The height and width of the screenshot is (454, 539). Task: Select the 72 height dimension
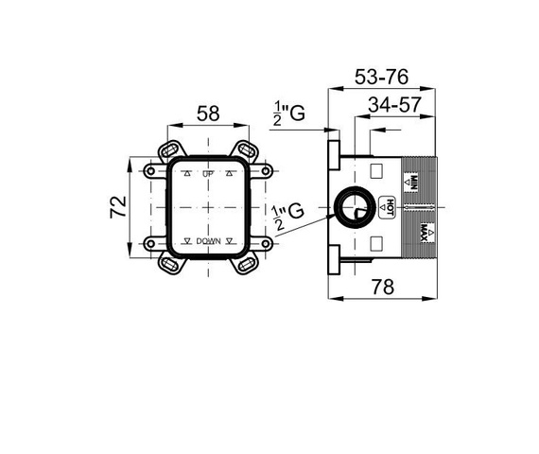[118, 207]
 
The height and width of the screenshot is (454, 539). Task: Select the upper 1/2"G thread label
[287, 114]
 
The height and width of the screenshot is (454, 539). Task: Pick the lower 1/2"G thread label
[287, 216]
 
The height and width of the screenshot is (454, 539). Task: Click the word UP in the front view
[207, 175]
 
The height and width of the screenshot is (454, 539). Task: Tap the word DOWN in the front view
[208, 242]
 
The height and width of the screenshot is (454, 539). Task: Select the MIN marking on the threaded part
[412, 179]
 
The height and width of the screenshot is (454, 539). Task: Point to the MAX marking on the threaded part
[412, 234]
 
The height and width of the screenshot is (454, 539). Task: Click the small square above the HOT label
[376, 172]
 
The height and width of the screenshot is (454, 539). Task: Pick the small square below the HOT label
[376, 241]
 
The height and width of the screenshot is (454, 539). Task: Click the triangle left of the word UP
[187, 175]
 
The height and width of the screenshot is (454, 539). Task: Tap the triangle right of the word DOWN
[230, 242]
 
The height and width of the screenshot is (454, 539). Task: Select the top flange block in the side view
[333, 153]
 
